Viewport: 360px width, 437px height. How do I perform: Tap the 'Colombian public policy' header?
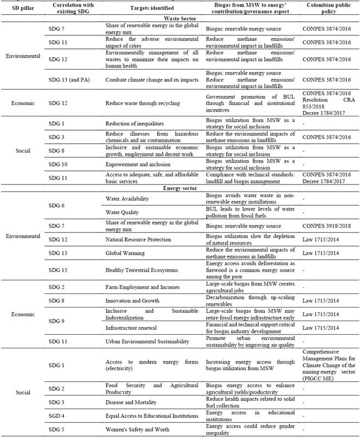pos(327,9)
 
